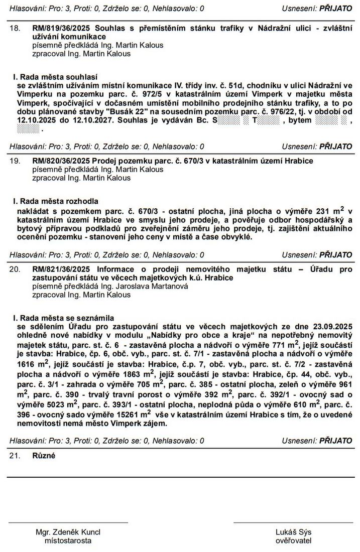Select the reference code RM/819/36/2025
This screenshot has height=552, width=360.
[62, 29]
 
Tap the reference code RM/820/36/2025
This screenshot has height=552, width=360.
[62, 161]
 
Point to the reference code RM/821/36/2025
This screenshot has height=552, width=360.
[62, 269]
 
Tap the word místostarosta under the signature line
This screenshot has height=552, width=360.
[68, 540]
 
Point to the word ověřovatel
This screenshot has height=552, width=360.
[293, 540]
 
